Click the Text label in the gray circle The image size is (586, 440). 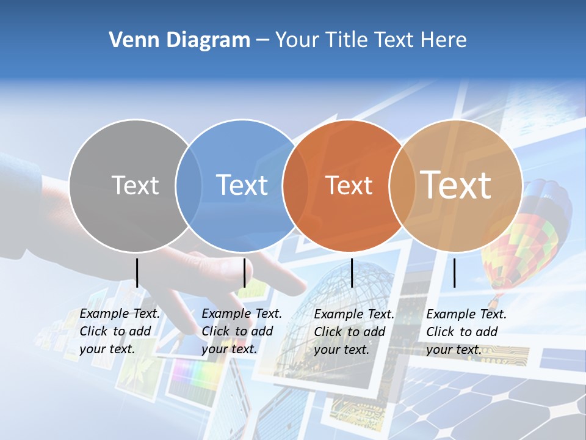coord(136,185)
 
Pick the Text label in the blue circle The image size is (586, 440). coord(242,185)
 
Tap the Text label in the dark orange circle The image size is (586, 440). coord(349,185)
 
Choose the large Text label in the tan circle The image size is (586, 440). coord(456,185)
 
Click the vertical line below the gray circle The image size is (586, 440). coord(137,273)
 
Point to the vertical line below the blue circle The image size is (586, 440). coord(244,273)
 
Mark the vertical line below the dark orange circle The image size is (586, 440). coord(352,273)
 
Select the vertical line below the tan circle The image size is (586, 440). coord(455,273)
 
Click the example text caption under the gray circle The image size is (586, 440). coord(120,331)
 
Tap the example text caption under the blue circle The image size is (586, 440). coord(242,331)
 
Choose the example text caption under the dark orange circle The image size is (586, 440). coord(354,332)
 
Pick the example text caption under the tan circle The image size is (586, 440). coord(466,332)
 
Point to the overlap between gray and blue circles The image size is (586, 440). coord(189,185)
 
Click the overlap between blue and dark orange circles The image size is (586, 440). coord(294,185)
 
